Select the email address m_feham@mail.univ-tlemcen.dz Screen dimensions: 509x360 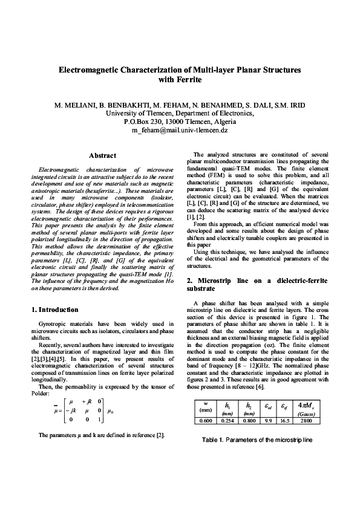click(x=180, y=130)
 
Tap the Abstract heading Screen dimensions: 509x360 click(x=102, y=156)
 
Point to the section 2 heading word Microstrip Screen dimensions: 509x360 click(x=220, y=281)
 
